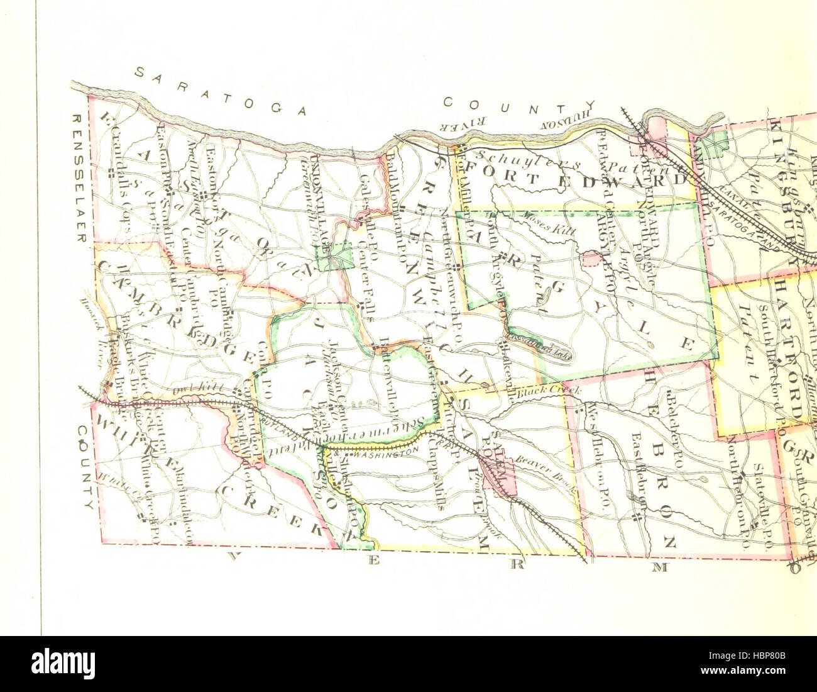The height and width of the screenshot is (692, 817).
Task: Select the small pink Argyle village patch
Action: tap(591, 258)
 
